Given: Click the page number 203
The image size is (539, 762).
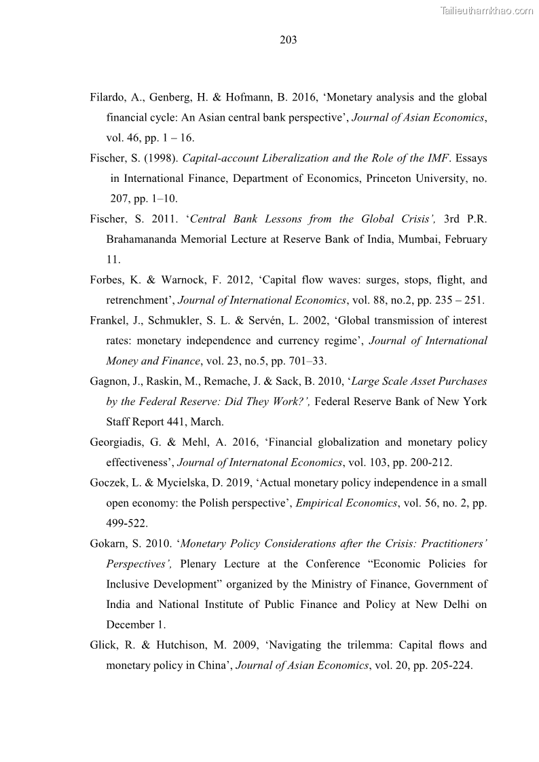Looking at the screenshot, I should tap(289, 39).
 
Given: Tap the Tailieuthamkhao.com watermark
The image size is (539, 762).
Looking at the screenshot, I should tap(487, 10).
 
